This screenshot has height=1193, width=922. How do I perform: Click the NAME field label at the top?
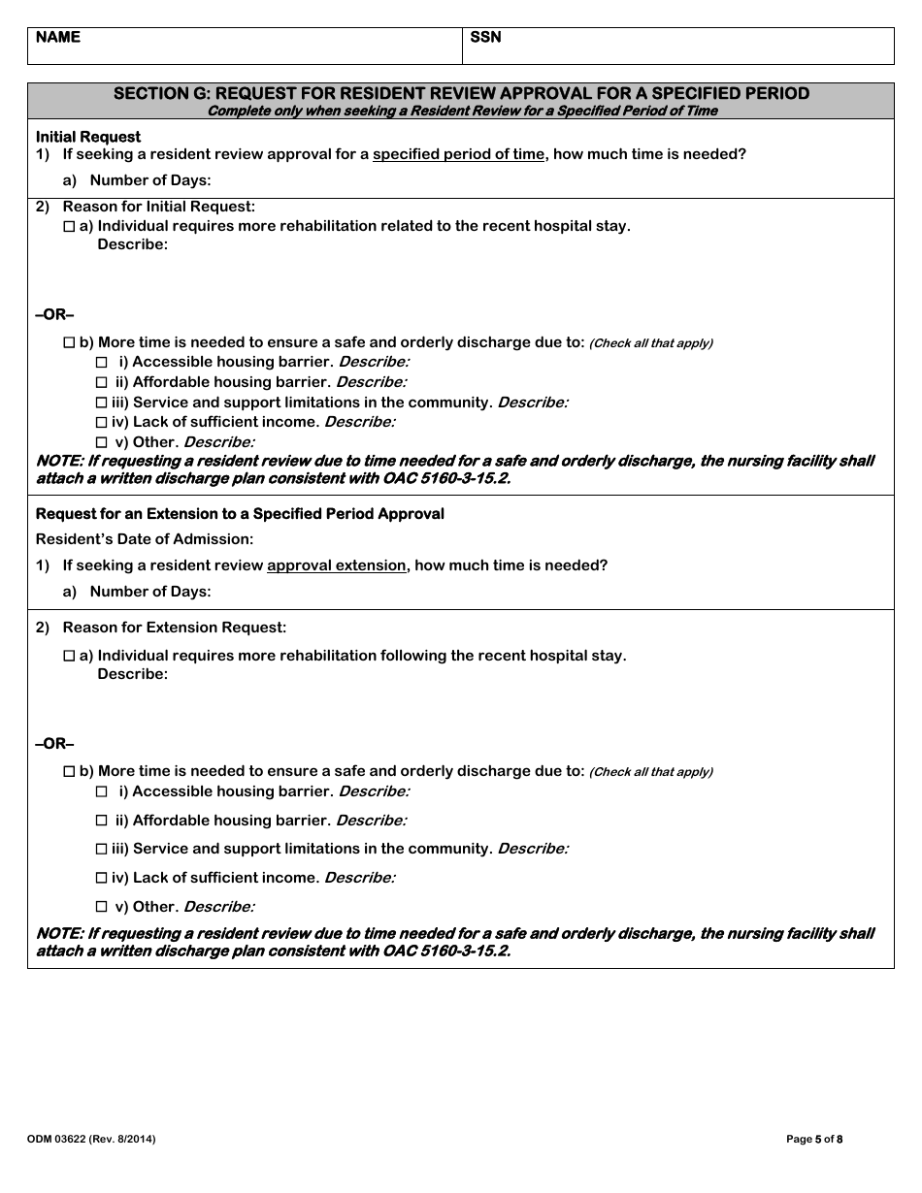pos(58,38)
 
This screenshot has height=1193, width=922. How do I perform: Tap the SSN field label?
pos(486,38)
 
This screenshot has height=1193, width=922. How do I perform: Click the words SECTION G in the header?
pos(160,94)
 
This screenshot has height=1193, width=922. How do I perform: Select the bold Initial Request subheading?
pos(88,137)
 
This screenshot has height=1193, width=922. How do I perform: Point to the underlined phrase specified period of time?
pos(458,154)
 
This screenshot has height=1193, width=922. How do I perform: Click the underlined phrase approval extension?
pos(336,565)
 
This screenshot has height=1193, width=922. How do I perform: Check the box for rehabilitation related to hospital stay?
pos(69,226)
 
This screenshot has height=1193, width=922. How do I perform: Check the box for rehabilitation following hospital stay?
pos(69,656)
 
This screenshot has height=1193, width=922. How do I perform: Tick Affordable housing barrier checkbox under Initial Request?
pos(102,382)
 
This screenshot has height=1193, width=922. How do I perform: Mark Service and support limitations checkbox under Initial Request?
pos(102,403)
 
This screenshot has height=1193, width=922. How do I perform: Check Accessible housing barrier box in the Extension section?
pos(102,791)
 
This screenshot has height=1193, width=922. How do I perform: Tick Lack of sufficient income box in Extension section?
pos(102,878)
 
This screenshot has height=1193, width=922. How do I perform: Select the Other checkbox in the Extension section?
pos(102,907)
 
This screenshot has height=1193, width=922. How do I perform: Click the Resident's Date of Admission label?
pos(145,539)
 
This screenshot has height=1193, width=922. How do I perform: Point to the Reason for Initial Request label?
pos(159,207)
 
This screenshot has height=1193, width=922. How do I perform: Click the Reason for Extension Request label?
pos(175,628)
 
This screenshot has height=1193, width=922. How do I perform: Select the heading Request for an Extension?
pos(240,514)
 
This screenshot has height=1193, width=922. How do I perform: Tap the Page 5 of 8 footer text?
pos(814,1140)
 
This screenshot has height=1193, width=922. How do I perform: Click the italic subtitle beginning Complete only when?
pos(462,111)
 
